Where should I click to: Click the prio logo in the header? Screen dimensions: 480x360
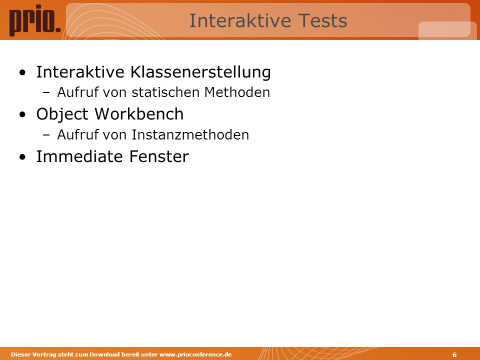pos(34,20)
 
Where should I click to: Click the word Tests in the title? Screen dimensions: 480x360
pos(322,20)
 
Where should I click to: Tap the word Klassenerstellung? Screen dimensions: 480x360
pos(200,72)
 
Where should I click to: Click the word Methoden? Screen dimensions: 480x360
pos(237,92)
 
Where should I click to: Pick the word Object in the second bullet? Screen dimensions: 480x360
pos(62,114)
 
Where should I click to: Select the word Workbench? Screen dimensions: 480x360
pos(139,113)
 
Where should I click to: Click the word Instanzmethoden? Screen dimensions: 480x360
pos(190,134)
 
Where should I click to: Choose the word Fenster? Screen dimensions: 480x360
pos(159,156)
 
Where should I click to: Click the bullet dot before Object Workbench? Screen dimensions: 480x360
pos(22,114)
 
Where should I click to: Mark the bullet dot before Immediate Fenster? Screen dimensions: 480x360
pos(22,157)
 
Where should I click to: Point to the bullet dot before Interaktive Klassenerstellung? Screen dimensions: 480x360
pos(22,73)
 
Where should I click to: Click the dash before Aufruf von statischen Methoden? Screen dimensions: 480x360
pos(46,93)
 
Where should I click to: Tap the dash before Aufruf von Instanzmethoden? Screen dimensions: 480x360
pos(46,135)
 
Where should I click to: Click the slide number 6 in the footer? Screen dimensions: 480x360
pos(454,354)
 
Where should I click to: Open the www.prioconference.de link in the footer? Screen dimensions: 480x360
pos(195,354)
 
